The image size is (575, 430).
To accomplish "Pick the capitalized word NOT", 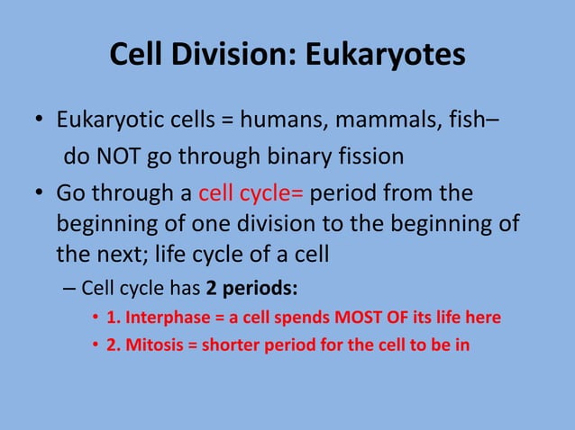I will (116, 157).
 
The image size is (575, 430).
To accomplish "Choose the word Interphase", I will (161, 318).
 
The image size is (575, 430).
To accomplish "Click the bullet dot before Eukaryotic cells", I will (39, 121).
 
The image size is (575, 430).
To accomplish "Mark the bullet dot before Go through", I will (39, 195).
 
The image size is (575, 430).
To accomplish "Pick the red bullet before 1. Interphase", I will (96, 318).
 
